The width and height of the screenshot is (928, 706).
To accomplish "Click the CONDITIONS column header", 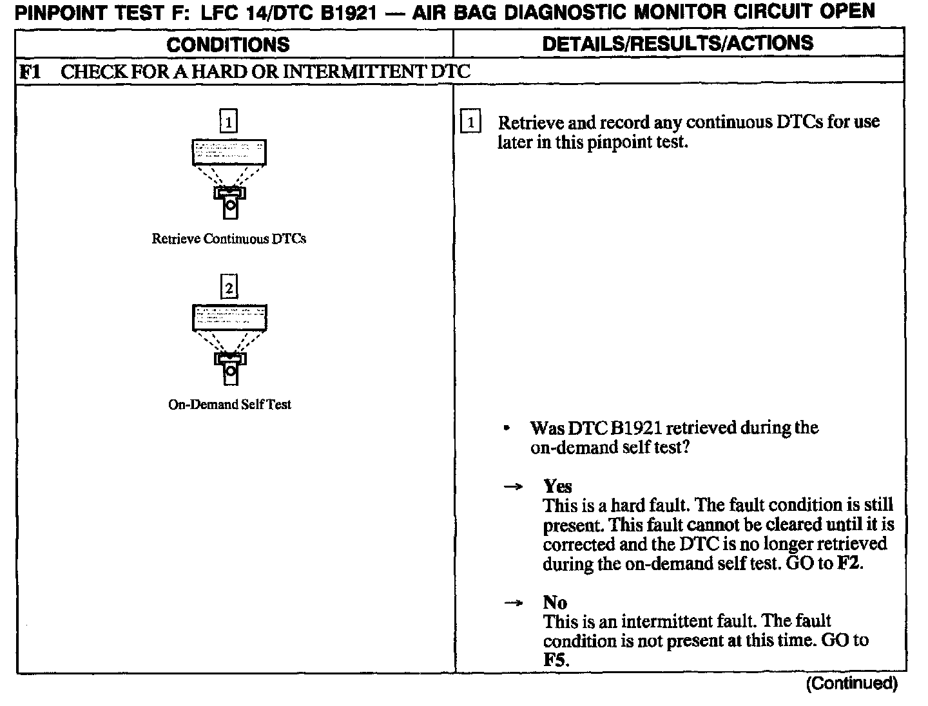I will [x=228, y=44].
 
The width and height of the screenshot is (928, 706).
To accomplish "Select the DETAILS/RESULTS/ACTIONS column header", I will [x=677, y=43].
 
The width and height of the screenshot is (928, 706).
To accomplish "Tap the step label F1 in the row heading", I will [x=30, y=71].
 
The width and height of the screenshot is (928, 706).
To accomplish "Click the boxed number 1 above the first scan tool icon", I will [x=228, y=121].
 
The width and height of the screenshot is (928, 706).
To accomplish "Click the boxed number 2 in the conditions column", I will [x=229, y=287].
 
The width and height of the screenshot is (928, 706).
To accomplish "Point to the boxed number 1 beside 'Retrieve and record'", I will [x=470, y=122].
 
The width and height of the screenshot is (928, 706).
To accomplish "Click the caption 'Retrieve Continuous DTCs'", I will [x=229, y=239].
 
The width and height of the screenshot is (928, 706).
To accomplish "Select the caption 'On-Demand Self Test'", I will [x=229, y=405].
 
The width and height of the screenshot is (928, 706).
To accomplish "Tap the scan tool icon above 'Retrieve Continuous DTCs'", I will [x=229, y=177].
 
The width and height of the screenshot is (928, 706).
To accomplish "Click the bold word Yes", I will [x=557, y=486].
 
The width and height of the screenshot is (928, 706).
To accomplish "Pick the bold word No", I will [x=555, y=602].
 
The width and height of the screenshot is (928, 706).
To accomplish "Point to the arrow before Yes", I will [x=512, y=487].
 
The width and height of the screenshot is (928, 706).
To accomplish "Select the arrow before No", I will [x=512, y=604].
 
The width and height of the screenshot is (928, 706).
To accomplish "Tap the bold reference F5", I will [x=555, y=660].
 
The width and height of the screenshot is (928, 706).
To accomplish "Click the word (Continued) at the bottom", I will [x=851, y=683].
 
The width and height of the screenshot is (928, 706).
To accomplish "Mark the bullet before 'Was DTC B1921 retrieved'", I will [x=508, y=428].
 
